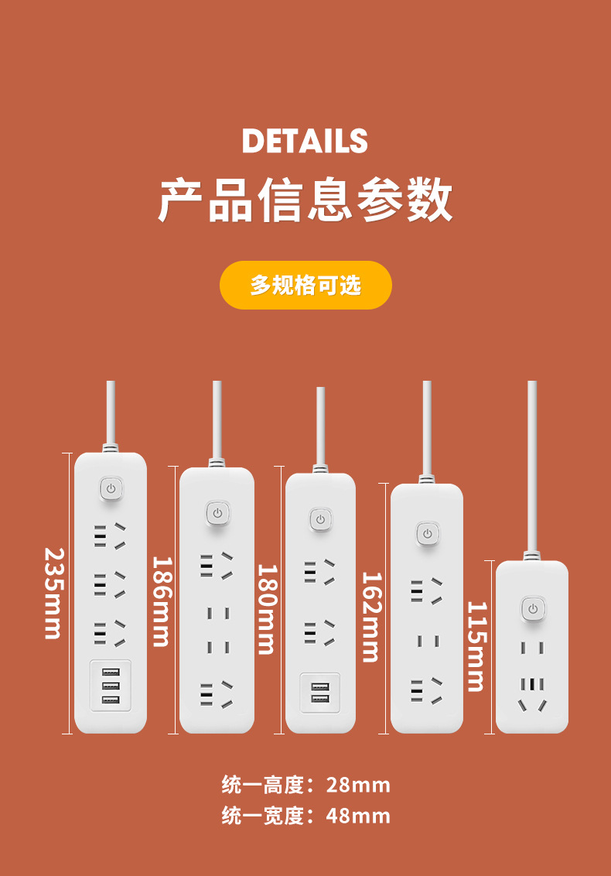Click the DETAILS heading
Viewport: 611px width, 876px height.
(x=305, y=142)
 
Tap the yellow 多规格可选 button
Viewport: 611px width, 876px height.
(x=305, y=285)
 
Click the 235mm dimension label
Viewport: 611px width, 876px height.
(x=53, y=594)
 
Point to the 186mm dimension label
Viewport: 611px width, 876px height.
(x=160, y=601)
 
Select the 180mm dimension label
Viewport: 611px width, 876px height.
(x=266, y=609)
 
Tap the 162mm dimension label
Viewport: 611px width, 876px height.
(x=371, y=617)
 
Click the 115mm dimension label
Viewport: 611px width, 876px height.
(x=476, y=646)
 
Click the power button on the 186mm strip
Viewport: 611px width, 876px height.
(x=217, y=513)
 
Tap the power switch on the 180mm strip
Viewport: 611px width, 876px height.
(x=320, y=518)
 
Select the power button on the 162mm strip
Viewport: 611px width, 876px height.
(x=427, y=533)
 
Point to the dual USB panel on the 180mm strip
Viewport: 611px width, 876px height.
(x=319, y=693)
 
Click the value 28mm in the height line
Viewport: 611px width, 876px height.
(x=358, y=785)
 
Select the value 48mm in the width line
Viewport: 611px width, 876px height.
(x=358, y=816)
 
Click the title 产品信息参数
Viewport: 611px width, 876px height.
(x=305, y=200)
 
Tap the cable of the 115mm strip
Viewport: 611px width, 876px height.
(x=532, y=464)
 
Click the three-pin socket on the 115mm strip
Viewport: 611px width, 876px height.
(x=532, y=694)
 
